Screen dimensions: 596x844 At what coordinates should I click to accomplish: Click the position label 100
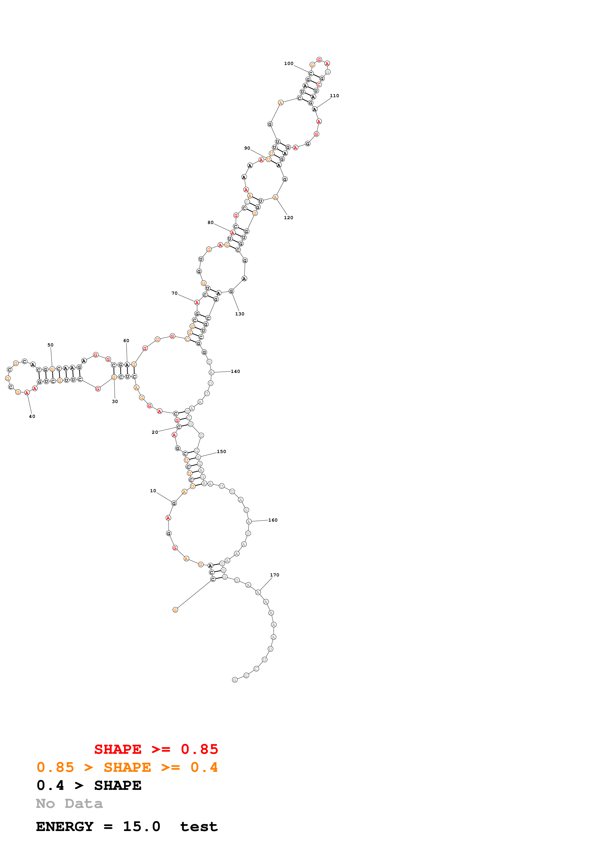click(x=289, y=64)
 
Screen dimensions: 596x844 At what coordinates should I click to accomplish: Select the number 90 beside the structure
click(x=247, y=148)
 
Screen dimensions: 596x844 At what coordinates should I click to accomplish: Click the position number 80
click(x=210, y=223)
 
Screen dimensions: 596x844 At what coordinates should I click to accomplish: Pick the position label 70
click(x=175, y=293)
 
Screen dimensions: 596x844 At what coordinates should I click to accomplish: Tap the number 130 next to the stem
click(x=239, y=314)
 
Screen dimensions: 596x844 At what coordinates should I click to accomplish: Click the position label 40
click(x=32, y=416)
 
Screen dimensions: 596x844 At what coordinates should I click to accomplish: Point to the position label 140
click(x=235, y=372)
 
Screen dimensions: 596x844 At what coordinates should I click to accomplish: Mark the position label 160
click(x=273, y=520)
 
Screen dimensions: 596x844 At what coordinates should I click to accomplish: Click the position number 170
click(x=274, y=575)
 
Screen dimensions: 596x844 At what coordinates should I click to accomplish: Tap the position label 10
click(x=153, y=491)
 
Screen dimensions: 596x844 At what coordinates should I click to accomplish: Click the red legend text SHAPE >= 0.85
click(x=156, y=749)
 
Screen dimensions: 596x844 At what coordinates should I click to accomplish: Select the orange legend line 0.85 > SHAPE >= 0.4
click(x=127, y=767)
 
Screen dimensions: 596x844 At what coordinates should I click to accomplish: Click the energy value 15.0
click(x=141, y=827)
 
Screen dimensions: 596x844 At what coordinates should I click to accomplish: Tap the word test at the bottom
click(x=199, y=827)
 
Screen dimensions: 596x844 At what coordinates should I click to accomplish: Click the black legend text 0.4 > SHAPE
click(x=89, y=786)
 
